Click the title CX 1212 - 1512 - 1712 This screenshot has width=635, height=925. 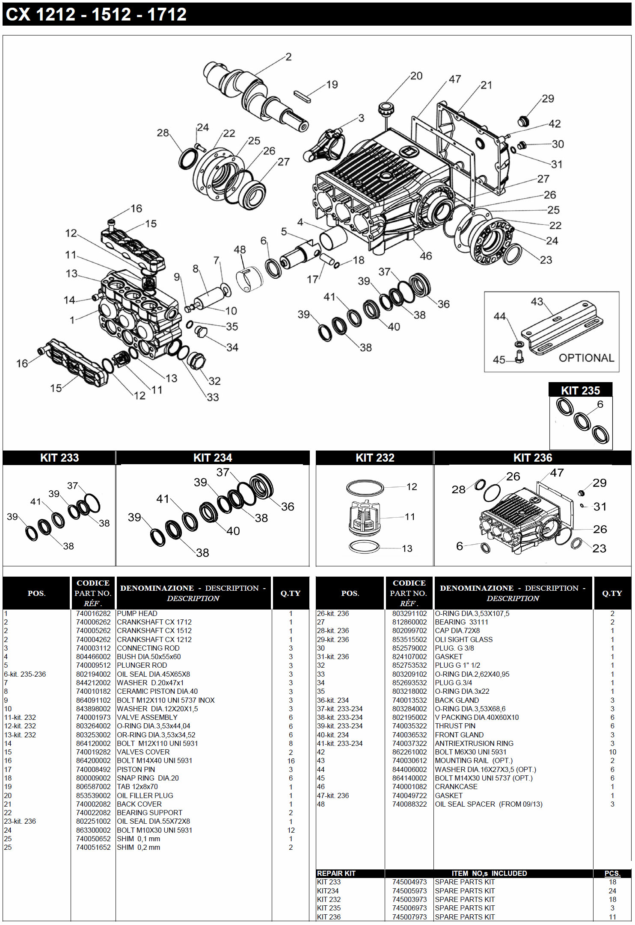[x=96, y=15]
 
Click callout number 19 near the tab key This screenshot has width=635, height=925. [x=332, y=85]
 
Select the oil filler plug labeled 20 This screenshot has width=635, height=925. [x=386, y=108]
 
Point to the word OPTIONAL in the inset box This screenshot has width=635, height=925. [x=586, y=358]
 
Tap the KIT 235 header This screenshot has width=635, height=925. [x=580, y=390]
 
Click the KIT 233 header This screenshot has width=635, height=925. [x=59, y=458]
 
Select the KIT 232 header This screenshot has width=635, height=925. [x=375, y=458]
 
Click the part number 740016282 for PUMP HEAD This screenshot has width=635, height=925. [x=93, y=613]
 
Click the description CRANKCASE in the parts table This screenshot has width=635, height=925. [x=456, y=787]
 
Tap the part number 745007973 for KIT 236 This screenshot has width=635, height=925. [x=409, y=917]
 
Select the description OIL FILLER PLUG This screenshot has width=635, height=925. [x=145, y=795]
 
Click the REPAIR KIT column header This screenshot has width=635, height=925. [x=336, y=873]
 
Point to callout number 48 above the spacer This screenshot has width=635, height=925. [x=240, y=250]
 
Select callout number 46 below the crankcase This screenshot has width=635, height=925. [x=426, y=256]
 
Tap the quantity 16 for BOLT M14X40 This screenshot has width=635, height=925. [x=291, y=761]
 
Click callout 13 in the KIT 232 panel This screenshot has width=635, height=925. [x=407, y=548]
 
